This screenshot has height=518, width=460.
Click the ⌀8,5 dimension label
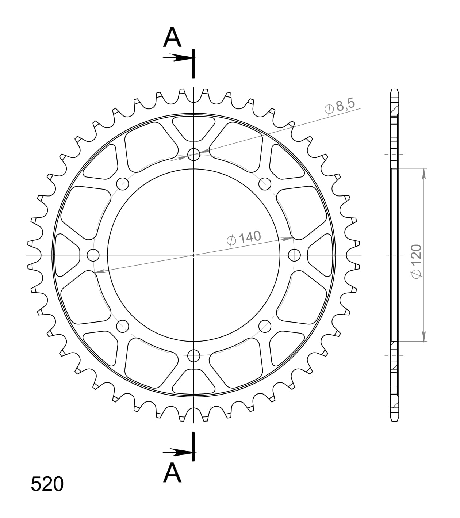pyautogui.click(x=340, y=106)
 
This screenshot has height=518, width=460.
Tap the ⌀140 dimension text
pyautogui.click(x=244, y=238)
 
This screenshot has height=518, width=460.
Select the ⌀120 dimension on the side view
pyautogui.click(x=416, y=262)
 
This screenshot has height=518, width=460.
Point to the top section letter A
pyautogui.click(x=172, y=38)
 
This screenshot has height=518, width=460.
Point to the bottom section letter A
pyautogui.click(x=172, y=473)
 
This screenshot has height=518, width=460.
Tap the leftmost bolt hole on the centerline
pyautogui.click(x=93, y=255)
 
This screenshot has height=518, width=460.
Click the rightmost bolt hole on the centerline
pyautogui.click(x=294, y=255)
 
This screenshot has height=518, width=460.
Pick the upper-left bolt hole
pyautogui.click(x=123, y=183)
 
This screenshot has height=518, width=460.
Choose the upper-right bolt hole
pyautogui.click(x=265, y=183)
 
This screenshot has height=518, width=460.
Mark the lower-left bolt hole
pyautogui.click(x=123, y=325)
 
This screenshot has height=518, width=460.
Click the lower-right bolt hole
pyautogui.click(x=265, y=325)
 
